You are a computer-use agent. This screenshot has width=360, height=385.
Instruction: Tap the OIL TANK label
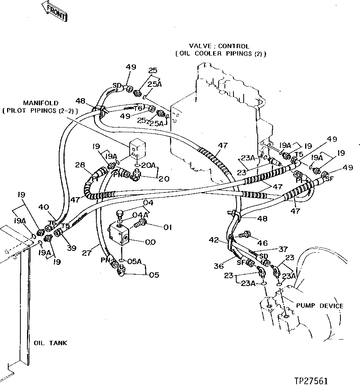click(50, 343)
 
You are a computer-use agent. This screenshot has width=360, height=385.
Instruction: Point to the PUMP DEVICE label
click(320, 306)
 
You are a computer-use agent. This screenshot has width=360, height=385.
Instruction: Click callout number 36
click(219, 266)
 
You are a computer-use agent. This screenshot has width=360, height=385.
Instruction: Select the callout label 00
click(150, 242)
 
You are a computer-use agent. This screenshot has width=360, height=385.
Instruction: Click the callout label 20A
click(148, 166)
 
